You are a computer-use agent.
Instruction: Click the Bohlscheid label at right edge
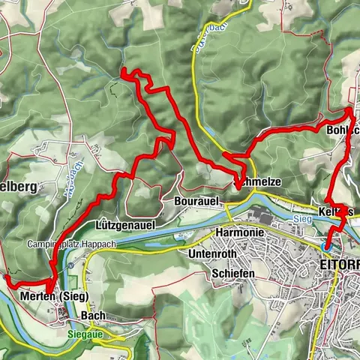tap(342, 130)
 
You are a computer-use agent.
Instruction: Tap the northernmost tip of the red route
tap(124, 72)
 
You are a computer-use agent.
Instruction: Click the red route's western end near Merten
tap(7, 277)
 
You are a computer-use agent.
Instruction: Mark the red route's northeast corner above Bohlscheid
tap(349, 111)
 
